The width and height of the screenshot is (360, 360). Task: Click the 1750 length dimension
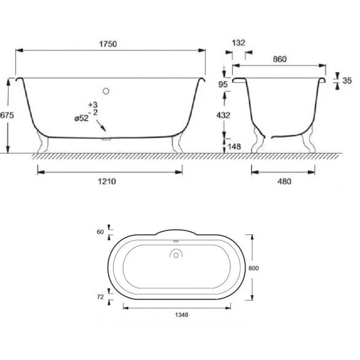(x=108, y=44)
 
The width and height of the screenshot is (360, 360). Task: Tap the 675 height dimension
(x=7, y=115)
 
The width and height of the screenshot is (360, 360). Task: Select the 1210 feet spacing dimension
(x=107, y=181)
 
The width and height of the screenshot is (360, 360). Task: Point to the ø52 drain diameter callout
(x=81, y=118)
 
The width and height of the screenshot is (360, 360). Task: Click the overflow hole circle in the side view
(x=106, y=91)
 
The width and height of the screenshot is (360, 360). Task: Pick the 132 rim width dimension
(x=238, y=43)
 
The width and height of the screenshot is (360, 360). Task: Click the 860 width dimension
(x=280, y=59)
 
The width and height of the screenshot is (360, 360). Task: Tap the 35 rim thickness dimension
(x=347, y=81)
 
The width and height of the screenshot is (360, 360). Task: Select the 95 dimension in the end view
(x=223, y=85)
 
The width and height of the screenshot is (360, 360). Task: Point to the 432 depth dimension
(x=223, y=115)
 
